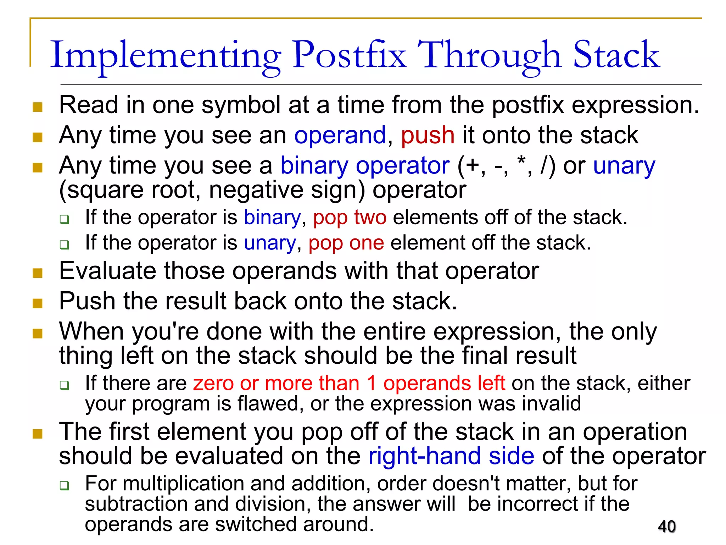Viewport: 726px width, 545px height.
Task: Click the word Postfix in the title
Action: [349, 55]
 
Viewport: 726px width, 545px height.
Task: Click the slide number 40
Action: [667, 526]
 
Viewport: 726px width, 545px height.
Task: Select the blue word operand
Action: [340, 136]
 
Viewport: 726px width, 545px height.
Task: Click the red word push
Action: [428, 136]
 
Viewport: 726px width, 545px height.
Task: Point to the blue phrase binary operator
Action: [365, 166]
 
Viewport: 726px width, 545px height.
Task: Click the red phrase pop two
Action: [350, 217]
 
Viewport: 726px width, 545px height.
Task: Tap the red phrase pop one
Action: [346, 243]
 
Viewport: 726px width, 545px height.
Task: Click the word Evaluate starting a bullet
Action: [107, 271]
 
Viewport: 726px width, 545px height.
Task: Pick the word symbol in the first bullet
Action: [241, 105]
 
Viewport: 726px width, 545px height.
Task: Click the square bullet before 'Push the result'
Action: [38, 303]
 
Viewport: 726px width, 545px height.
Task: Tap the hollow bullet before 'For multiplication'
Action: [65, 485]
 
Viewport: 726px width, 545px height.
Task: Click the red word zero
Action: [213, 384]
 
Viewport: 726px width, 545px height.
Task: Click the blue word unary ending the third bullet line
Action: [624, 166]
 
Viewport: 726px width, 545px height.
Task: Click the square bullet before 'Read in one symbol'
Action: [38, 107]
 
